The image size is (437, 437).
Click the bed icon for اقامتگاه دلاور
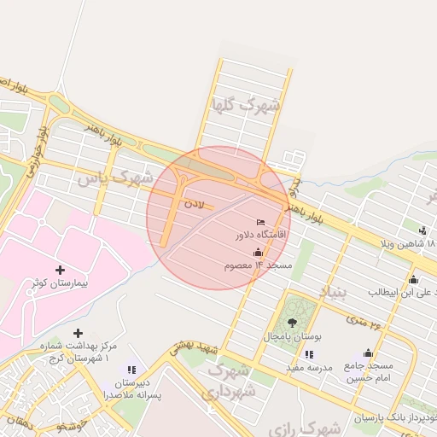(261, 223)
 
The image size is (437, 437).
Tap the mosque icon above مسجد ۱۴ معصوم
(259, 253)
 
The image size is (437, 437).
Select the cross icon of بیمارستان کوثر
(60, 270)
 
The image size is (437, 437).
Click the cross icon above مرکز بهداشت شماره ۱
(78, 333)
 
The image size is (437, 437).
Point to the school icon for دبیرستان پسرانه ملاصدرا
(131, 370)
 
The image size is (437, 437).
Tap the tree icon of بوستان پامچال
(292, 323)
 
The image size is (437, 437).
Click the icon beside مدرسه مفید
(309, 354)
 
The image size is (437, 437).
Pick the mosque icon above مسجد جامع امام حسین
(368, 353)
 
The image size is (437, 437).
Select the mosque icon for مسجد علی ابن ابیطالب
(414, 279)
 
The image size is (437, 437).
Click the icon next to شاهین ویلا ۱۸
(422, 230)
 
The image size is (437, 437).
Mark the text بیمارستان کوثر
(61, 283)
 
